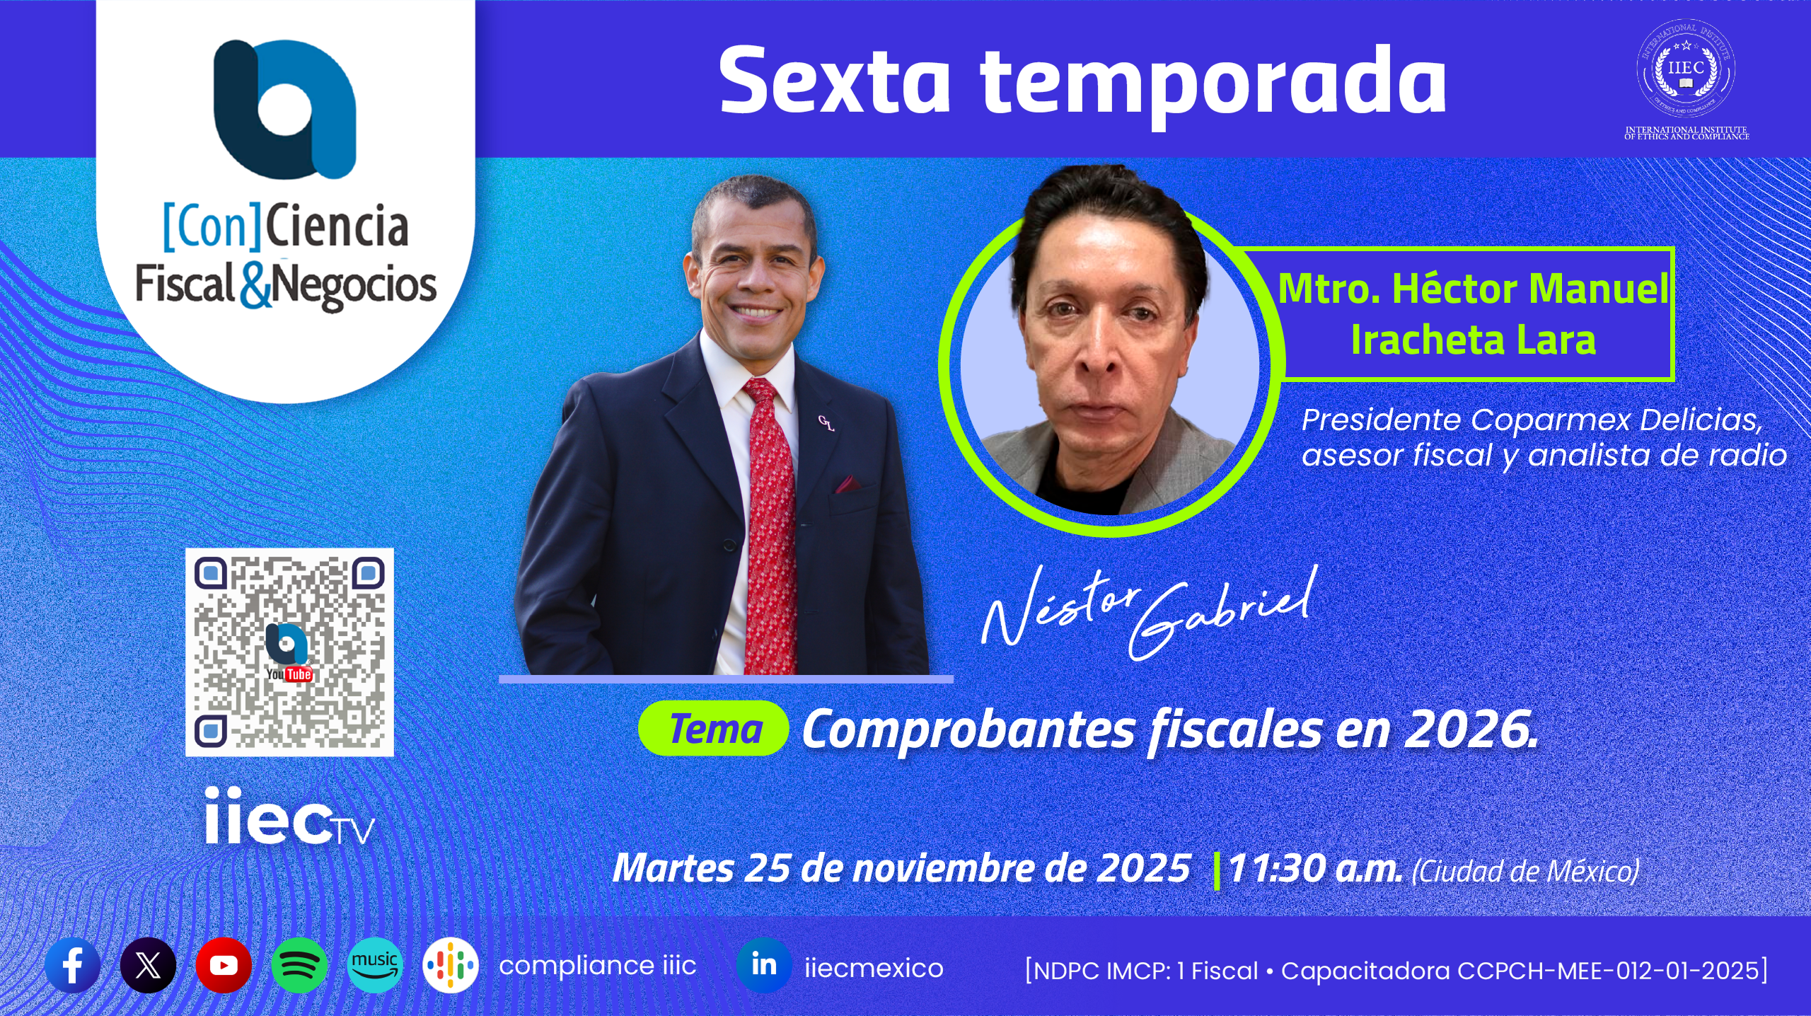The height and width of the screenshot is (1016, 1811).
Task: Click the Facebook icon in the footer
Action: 73,965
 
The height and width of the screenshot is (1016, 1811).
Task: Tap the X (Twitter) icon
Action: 148,965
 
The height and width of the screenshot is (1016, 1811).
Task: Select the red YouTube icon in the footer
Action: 224,965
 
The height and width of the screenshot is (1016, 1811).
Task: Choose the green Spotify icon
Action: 299,965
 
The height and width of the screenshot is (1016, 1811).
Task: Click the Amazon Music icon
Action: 375,965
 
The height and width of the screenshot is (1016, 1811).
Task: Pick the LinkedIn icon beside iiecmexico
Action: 764,965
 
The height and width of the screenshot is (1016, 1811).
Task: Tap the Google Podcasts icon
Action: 451,965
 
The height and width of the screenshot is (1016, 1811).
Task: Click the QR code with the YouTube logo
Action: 289,652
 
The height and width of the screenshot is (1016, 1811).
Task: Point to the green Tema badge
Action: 714,729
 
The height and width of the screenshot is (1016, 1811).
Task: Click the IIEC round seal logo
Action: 1686,68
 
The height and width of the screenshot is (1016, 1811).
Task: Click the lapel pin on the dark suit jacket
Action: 826,423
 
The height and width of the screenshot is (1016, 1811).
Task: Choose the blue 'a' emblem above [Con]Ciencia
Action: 284,108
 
